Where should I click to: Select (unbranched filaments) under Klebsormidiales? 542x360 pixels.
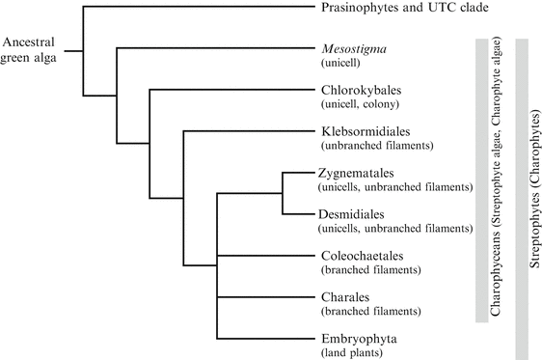[376, 146]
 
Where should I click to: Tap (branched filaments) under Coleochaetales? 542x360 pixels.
[367, 270]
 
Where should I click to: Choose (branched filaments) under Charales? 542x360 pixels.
[367, 312]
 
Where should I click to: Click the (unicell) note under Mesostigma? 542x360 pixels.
[341, 63]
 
